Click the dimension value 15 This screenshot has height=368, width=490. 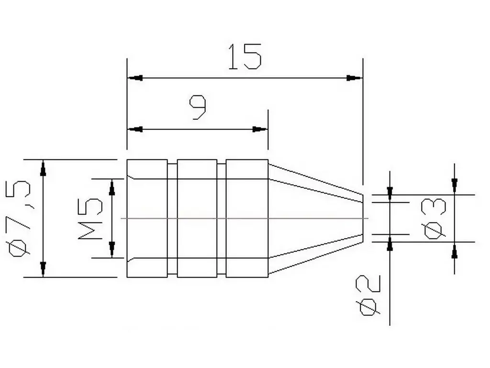(245, 57)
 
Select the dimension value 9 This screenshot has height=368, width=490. (198, 107)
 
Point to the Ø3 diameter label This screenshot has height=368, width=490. (435, 218)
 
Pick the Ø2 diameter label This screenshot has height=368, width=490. (369, 295)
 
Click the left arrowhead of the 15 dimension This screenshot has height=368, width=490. (135, 78)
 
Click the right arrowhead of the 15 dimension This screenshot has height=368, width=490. (355, 78)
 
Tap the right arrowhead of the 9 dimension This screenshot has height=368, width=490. (260, 129)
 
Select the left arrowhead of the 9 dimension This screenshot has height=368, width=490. (135, 129)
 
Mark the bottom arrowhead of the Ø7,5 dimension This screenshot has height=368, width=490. (43, 269)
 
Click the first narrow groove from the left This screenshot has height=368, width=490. (172, 218)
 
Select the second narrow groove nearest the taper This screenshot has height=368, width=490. (222, 218)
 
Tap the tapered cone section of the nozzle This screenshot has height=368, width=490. (313, 218)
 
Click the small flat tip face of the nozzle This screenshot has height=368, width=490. (363, 218)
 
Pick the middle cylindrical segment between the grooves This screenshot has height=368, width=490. (197, 218)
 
